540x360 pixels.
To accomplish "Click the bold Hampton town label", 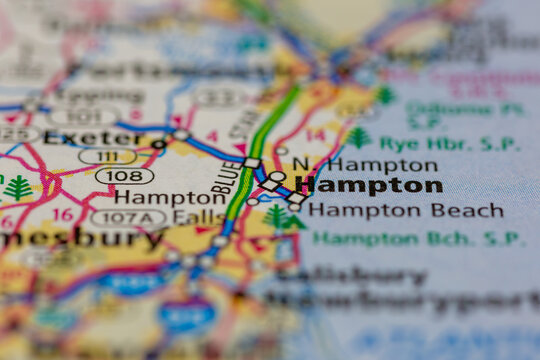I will [x=370, y=186].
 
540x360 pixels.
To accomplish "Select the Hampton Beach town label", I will [x=405, y=210].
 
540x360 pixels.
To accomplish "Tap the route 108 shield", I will [x=125, y=176].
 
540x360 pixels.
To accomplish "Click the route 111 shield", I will [x=107, y=156].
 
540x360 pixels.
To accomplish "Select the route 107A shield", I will [x=128, y=217].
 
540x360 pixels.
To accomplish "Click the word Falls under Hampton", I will [x=198, y=217].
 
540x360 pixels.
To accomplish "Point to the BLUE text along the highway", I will [x=227, y=177].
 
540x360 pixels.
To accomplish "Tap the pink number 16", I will [x=63, y=214].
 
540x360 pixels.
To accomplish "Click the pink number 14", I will [x=315, y=134].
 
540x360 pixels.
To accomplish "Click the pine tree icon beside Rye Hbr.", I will [x=358, y=137].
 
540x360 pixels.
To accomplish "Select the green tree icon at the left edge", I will [x=17, y=188].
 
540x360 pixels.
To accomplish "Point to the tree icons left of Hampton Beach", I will [x=283, y=217].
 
